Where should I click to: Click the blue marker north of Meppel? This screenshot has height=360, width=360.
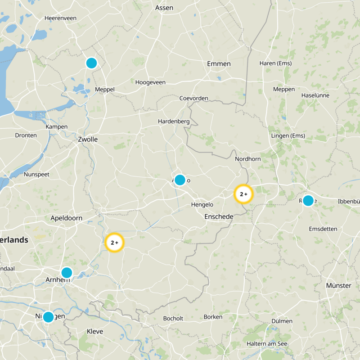click(x=91, y=63)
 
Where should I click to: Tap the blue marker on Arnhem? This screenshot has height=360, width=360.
click(x=67, y=272)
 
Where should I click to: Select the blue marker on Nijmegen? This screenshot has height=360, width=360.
click(x=48, y=317)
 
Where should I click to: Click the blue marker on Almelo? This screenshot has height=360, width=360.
click(x=180, y=180)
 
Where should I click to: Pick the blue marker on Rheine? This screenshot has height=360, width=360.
click(x=308, y=201)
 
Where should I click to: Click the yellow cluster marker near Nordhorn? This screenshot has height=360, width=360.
click(x=243, y=194)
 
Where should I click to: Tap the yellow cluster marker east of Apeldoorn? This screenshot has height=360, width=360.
click(x=114, y=243)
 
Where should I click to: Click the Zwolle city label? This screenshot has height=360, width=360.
click(x=88, y=139)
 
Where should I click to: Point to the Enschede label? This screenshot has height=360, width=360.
click(x=219, y=216)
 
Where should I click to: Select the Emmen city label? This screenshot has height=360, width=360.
click(x=219, y=64)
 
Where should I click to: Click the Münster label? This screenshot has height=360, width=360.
click(x=338, y=285)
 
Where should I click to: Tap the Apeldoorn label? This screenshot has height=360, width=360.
click(x=66, y=218)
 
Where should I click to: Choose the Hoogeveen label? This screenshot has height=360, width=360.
click(x=150, y=82)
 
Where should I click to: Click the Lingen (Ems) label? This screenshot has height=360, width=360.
click(x=288, y=136)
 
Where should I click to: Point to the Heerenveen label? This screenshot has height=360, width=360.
click(x=60, y=18)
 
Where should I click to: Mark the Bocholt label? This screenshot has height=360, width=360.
click(x=173, y=319)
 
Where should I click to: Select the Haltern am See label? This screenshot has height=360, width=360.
click(x=267, y=344)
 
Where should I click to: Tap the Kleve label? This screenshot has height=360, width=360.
click(x=94, y=332)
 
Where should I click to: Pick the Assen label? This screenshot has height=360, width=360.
click(x=164, y=8)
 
